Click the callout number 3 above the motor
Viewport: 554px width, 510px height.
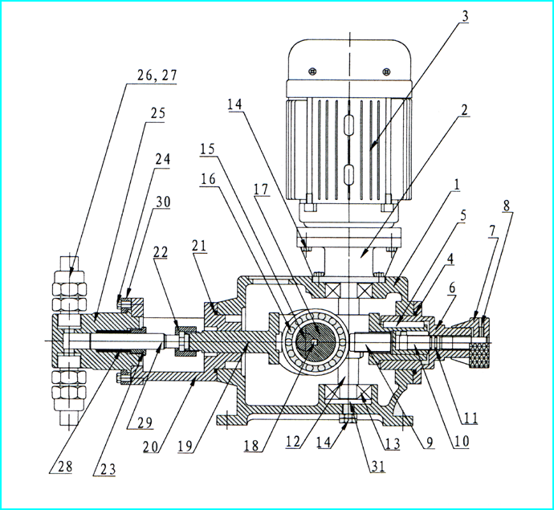(465, 16)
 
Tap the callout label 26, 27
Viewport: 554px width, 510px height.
(157, 75)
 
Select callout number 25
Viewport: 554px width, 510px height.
(157, 113)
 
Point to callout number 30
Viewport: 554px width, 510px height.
(163, 202)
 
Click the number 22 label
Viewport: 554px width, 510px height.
(160, 252)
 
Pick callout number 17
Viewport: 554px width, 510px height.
(261, 190)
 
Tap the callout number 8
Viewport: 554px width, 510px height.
(507, 206)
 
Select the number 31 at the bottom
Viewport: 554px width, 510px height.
(377, 466)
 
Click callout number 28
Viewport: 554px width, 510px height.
(65, 466)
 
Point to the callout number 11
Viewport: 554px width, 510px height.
(471, 418)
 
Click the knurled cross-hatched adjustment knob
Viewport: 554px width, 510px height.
(479, 353)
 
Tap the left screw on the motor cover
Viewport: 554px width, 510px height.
(312, 71)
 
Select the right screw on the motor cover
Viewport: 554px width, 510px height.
(386, 71)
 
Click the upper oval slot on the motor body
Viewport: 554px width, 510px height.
(348, 124)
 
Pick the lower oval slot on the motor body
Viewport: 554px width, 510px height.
(348, 174)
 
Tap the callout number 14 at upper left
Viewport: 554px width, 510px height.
(234, 104)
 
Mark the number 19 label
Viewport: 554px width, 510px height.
(185, 446)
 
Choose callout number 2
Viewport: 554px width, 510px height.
(465, 110)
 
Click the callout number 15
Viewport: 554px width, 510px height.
(207, 149)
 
